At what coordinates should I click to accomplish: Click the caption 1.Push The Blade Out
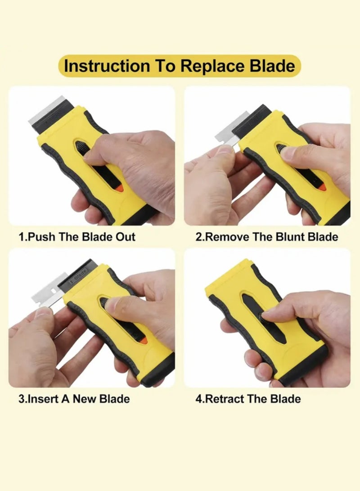(x=76, y=237)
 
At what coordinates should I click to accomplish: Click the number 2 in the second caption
(x=198, y=237)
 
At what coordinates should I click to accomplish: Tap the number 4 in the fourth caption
(x=198, y=399)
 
